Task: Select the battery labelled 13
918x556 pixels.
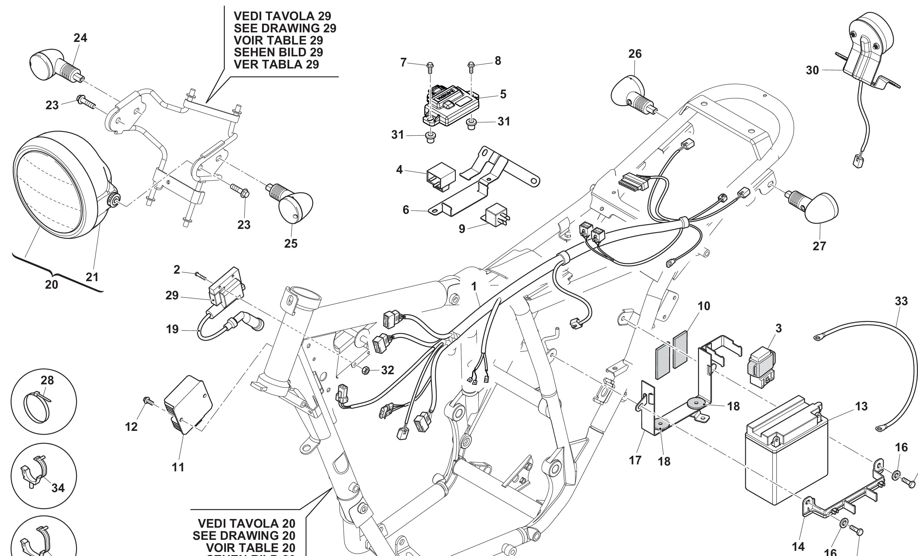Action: pos(786,458)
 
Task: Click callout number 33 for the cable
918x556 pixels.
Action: pos(901,301)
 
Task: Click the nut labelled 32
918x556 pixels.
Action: pos(366,370)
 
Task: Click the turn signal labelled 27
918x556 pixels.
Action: pos(820,209)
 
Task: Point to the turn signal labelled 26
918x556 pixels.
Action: pos(630,93)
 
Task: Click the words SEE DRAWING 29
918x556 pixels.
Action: pos(285,28)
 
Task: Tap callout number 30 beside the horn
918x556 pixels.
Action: pos(812,70)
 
